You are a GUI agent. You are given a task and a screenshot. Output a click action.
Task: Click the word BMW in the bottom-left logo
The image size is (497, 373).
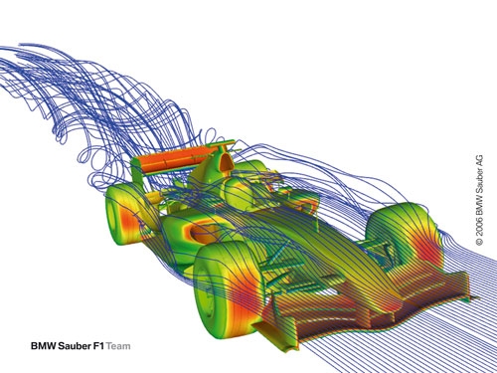pyautogui.click(x=44, y=346)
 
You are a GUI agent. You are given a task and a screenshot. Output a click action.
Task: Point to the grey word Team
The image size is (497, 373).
pyautogui.click(x=118, y=346)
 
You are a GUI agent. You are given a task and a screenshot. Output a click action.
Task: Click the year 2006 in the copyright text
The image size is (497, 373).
pyautogui.click(x=479, y=227)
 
